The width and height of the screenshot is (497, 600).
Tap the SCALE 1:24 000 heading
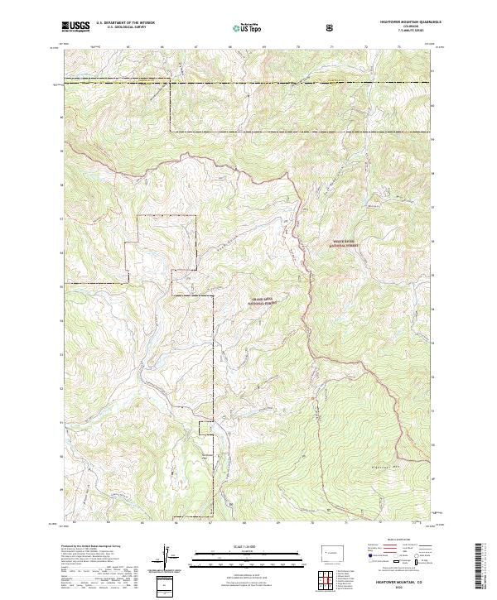(236, 545)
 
